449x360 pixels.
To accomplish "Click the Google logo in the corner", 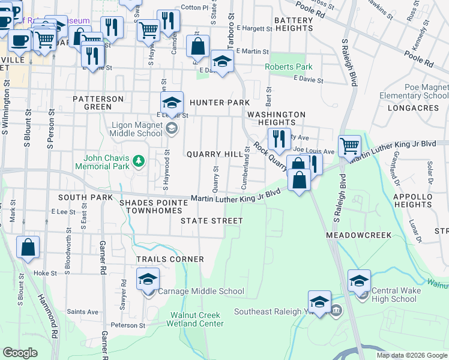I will (x=20, y=353).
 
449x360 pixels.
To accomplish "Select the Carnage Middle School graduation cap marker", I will (x=148, y=278).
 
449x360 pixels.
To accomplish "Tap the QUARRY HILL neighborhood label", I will (x=214, y=154).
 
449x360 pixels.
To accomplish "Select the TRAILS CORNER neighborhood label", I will (x=170, y=259).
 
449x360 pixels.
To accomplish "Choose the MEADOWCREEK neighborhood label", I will (x=358, y=235).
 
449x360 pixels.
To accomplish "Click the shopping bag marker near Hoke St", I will (x=28, y=247).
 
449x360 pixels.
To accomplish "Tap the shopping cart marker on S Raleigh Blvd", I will (x=349, y=145).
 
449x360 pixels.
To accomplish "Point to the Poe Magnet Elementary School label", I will (x=414, y=92).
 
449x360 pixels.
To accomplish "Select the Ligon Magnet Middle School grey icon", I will (x=172, y=128).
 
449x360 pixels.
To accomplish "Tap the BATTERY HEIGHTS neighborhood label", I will (x=294, y=25).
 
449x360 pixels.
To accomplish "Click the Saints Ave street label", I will (x=83, y=311).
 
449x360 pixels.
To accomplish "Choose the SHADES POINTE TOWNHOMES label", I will (x=154, y=207).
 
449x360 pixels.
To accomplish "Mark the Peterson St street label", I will (x=128, y=325).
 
